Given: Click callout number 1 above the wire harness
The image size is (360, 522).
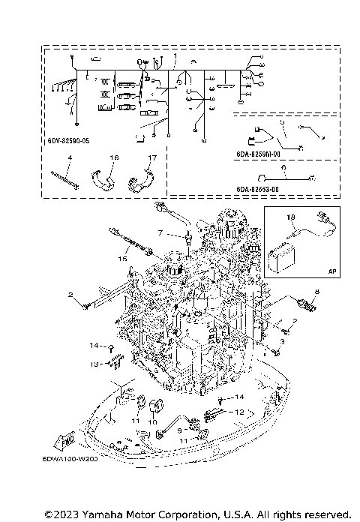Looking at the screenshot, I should pyautogui.click(x=175, y=56).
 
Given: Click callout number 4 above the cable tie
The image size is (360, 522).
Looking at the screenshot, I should pyautogui.click(x=69, y=157).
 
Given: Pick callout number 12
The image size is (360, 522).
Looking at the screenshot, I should pyautogui.click(x=240, y=412).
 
